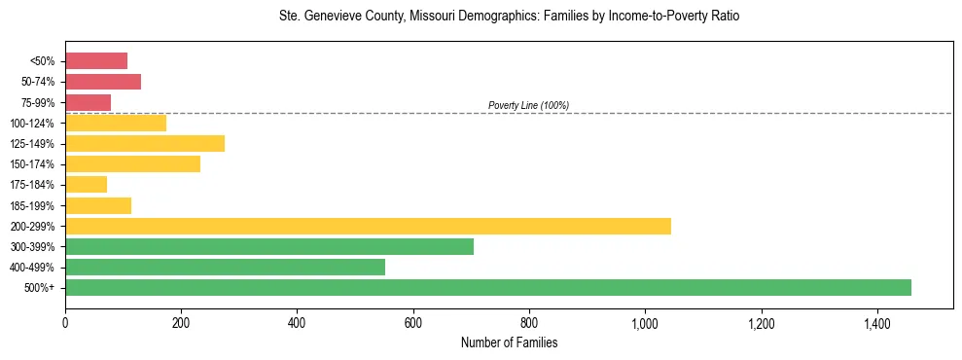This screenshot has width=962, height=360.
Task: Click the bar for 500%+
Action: [488, 287]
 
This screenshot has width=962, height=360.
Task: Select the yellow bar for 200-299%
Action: [368, 226]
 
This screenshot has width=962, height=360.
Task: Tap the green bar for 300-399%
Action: [269, 246]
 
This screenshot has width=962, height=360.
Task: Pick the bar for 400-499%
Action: [225, 267]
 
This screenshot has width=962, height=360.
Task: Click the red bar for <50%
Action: [96, 61]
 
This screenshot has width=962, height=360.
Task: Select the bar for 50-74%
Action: [103, 82]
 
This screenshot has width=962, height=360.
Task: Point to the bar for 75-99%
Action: [88, 102]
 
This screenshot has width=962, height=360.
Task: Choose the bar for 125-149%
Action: [145, 143]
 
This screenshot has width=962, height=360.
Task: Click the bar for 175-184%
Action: [86, 185]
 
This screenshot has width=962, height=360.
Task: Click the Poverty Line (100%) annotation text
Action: [528, 105]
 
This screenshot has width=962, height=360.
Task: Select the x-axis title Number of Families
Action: [509, 342]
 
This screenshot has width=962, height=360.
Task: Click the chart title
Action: [509, 17]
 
